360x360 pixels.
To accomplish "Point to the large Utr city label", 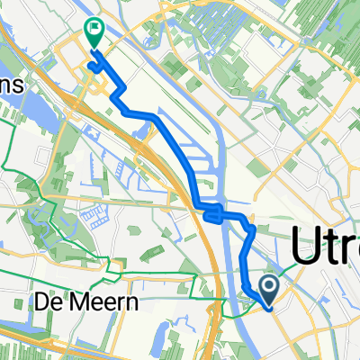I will (x=324, y=247).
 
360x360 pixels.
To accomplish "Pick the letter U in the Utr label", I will (x=306, y=246).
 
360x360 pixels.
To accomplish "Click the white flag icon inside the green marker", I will (x=94, y=29).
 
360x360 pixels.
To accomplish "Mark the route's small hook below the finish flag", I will (x=94, y=65).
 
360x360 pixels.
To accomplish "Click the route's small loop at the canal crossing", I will (x=211, y=214).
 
